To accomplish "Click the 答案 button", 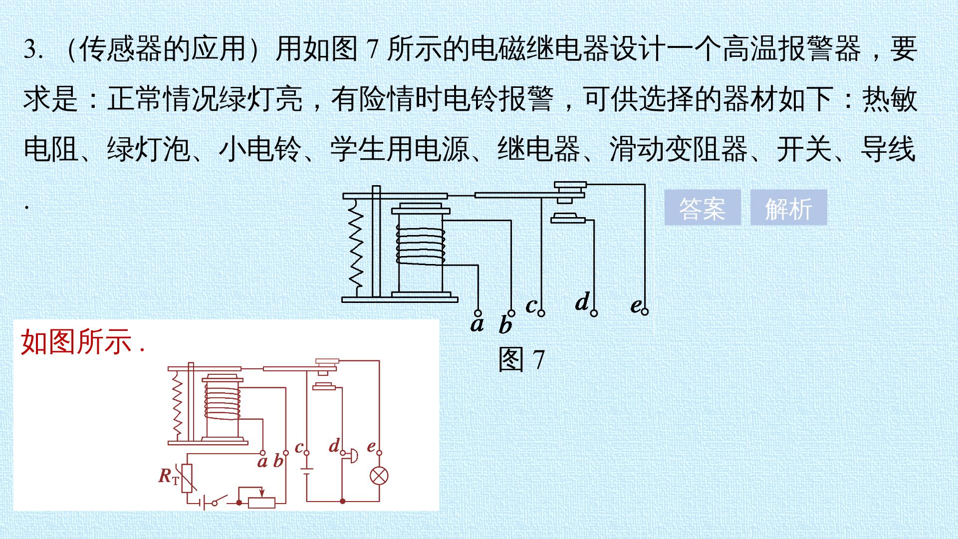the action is coord(702,208).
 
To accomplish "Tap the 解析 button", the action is coord(788,208).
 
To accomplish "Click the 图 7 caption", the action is coord(521,359).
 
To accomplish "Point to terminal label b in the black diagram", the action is coord(505,325).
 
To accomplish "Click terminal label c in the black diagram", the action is coord(531,305).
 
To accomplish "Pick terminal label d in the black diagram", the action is coord(582,301).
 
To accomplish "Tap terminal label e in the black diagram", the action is coord(635,305).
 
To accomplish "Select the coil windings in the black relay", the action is coord(421,245).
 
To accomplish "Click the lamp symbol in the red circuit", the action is coord(379,475).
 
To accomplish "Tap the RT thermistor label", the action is coord(169,476).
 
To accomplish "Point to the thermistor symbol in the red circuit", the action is coord(188,478).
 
